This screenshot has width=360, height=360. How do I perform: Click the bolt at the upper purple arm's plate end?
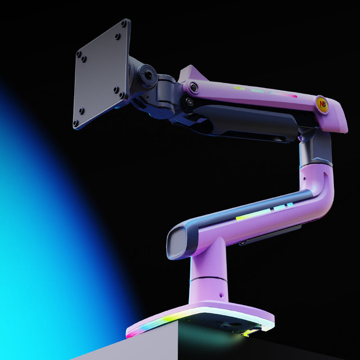pos(194,87)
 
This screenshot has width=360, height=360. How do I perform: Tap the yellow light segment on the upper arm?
pos(239,88)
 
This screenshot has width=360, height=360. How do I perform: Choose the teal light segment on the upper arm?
pos(257,91)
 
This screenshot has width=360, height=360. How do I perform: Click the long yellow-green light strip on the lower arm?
pos(253,215)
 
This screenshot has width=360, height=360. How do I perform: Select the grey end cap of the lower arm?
pos(178,243)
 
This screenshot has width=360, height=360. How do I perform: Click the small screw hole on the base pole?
pos(221,296)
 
